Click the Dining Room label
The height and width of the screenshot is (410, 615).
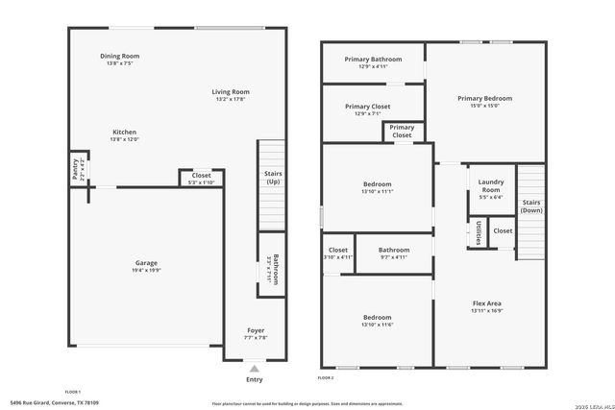(120, 57)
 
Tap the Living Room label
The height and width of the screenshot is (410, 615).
(232, 92)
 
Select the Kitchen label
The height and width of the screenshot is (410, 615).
(124, 132)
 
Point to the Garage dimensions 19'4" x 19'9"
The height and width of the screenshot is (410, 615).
(146, 271)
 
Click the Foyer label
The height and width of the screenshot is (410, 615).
(256, 330)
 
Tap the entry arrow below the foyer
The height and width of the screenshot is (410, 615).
(254, 368)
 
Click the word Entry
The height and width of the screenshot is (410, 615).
(254, 379)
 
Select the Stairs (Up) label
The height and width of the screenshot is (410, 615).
(272, 178)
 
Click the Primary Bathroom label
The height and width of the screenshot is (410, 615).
(373, 60)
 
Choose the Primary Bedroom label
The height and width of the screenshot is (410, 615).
(484, 98)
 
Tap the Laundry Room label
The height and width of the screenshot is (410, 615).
(491, 184)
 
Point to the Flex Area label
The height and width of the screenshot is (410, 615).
(487, 304)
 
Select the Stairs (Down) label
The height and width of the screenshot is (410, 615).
(531, 205)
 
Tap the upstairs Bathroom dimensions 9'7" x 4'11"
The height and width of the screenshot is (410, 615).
(394, 257)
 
